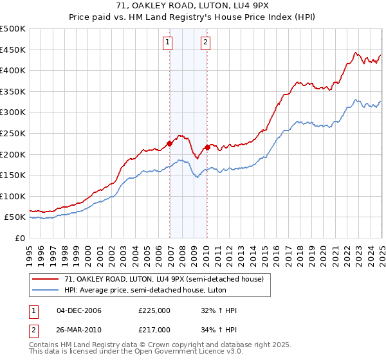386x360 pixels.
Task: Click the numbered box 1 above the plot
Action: [x=167, y=43]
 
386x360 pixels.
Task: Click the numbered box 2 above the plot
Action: [x=205, y=43]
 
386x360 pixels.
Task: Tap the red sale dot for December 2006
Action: [x=170, y=143]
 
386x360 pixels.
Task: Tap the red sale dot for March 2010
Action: [x=207, y=147]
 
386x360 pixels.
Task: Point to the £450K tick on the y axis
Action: [x=14, y=50]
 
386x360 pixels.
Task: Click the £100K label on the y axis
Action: [x=14, y=196]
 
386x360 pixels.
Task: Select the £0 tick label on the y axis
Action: [x=20, y=238]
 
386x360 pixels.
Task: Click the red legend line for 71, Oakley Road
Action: [x=46, y=279]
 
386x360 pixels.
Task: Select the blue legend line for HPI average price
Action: [x=46, y=290]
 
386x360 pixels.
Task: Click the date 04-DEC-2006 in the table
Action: [x=79, y=310]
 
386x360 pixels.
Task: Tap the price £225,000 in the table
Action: [x=154, y=310]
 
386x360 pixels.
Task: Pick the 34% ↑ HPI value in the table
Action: [x=219, y=329]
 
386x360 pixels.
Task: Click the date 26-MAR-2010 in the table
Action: [x=79, y=329]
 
